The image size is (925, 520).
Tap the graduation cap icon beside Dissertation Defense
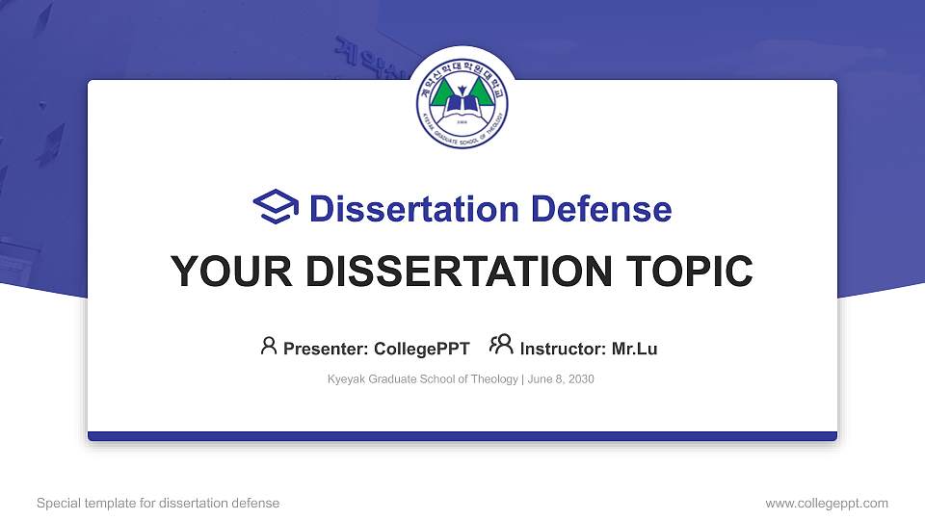(x=276, y=208)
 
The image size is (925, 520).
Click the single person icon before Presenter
(x=269, y=346)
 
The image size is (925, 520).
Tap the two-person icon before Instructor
(x=501, y=346)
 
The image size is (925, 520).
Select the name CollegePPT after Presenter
(x=422, y=349)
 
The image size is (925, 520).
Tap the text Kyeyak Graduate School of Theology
(x=423, y=379)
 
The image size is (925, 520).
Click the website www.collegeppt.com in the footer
(x=826, y=503)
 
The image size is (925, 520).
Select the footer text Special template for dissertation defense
(x=157, y=503)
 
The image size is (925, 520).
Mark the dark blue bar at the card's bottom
(x=462, y=436)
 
